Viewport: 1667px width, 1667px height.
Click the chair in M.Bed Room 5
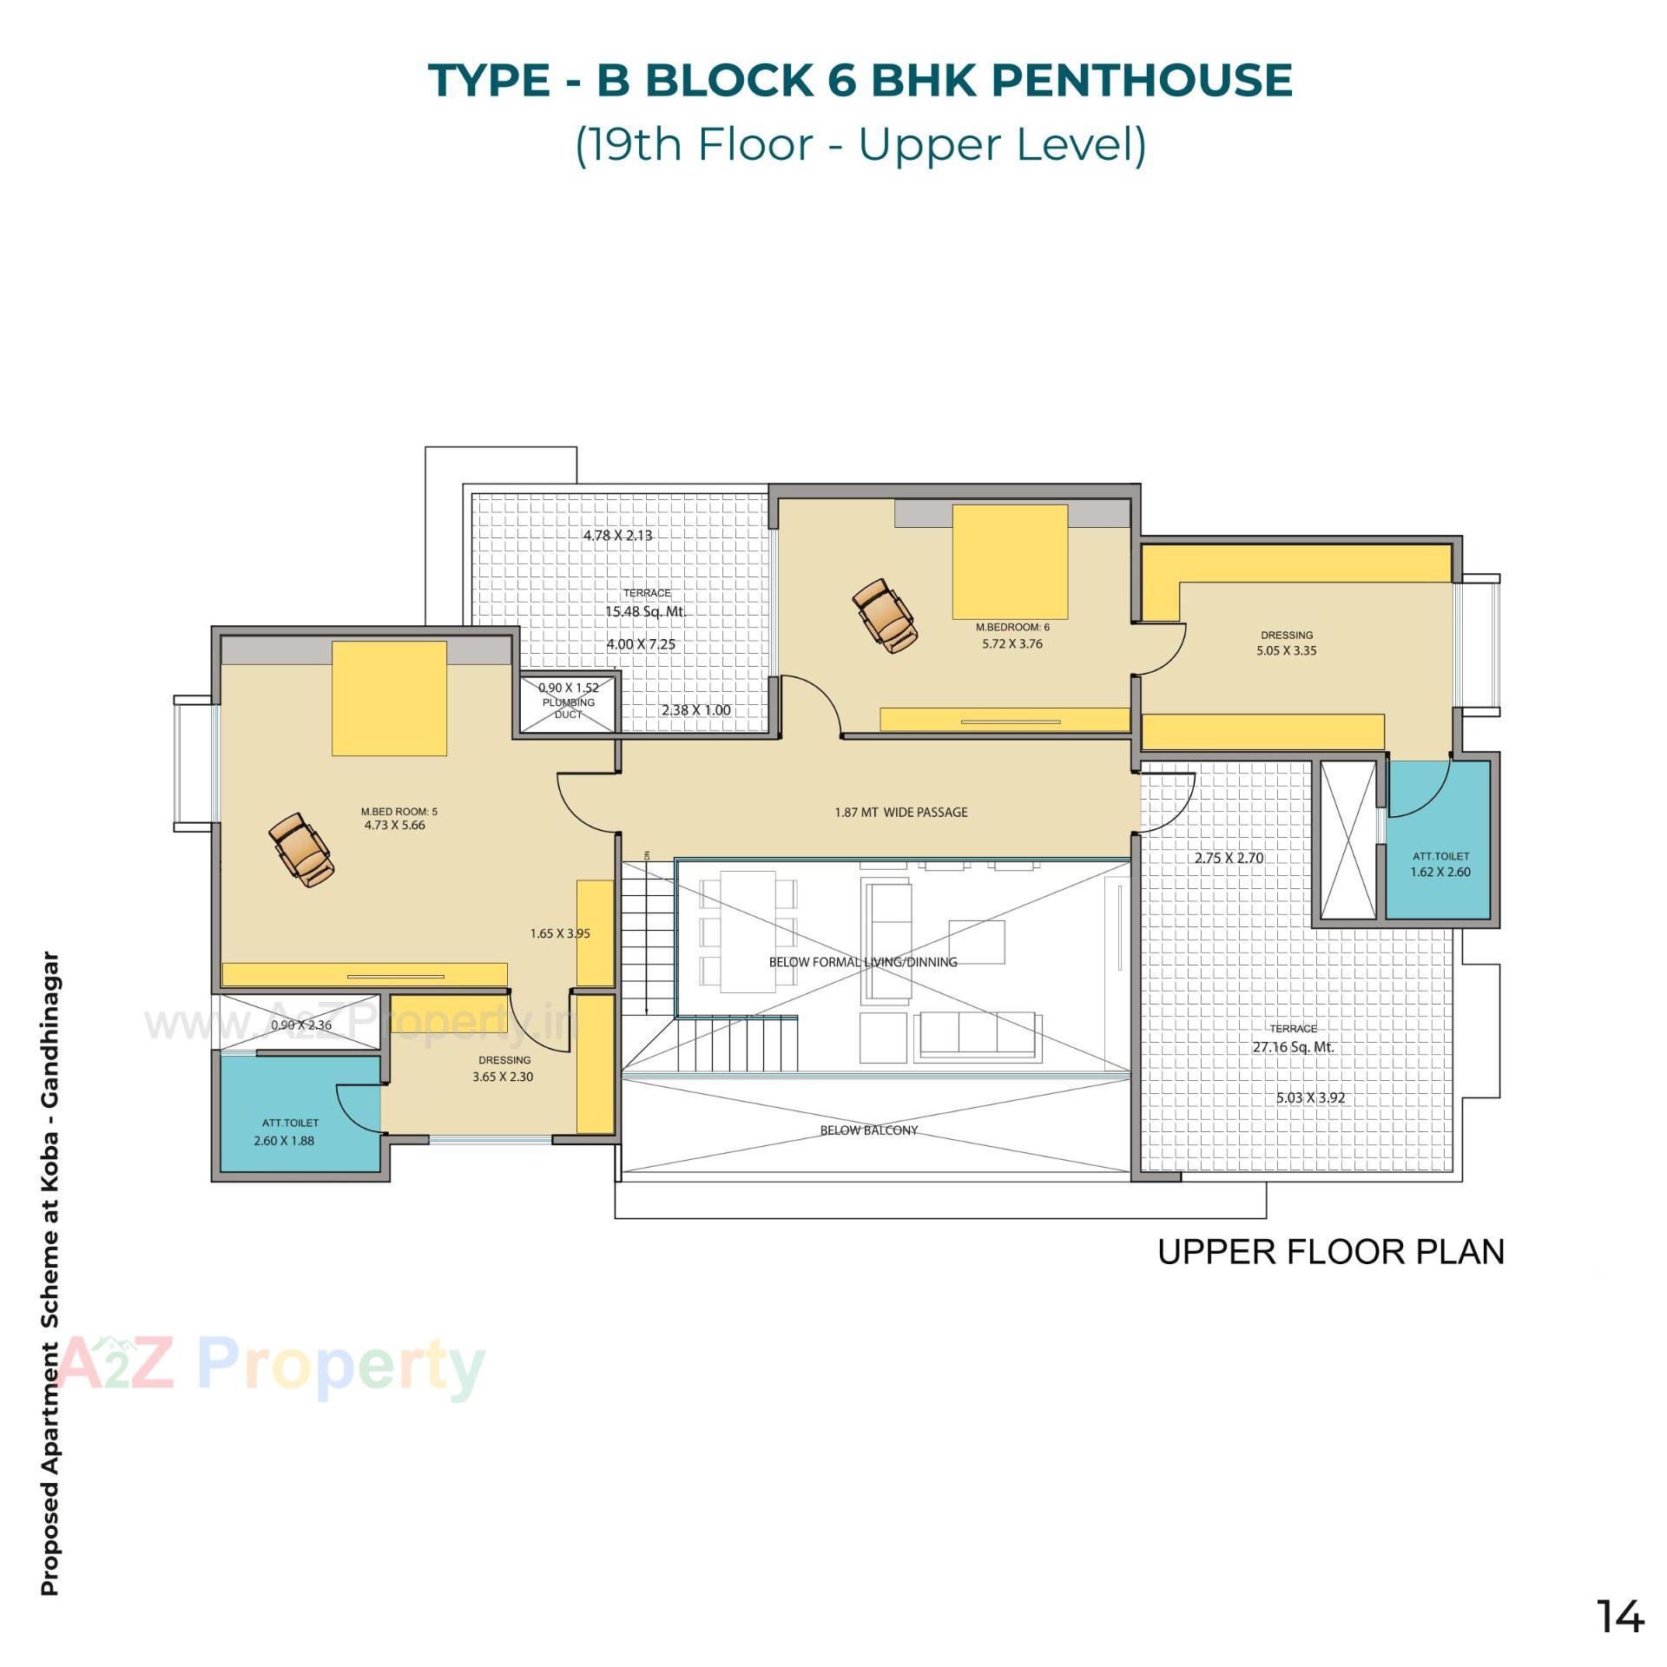pos(301,850)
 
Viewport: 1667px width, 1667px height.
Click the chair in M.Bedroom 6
pos(885,616)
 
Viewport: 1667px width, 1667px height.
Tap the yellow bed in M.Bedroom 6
pos(1010,561)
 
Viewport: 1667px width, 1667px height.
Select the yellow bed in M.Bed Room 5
pos(389,698)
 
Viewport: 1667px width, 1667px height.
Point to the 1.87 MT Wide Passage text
pos(900,813)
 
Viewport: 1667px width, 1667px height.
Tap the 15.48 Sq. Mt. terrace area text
pos(645,611)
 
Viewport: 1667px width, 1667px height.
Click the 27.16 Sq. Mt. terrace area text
pos(1292,1047)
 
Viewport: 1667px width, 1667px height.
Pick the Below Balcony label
pos(868,1130)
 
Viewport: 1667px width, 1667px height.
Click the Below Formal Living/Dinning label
pos(862,962)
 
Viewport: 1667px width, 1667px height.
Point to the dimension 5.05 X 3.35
pos(1286,650)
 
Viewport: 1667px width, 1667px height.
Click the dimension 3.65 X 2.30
pos(503,1077)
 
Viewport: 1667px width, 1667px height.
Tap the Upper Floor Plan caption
pos(1330,1252)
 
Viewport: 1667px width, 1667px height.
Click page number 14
pos(1619,1617)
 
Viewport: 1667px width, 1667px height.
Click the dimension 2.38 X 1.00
pos(695,710)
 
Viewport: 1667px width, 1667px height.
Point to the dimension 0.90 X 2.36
pos(301,1025)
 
